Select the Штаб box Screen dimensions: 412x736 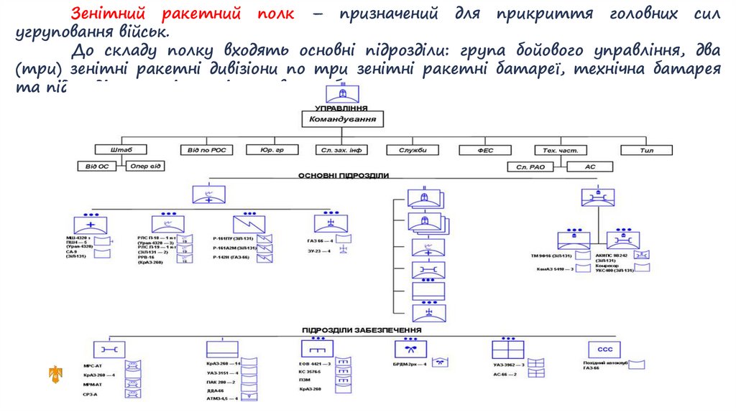coord(120,150)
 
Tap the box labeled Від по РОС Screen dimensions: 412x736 coord(206,150)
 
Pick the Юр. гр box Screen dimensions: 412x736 coord(272,150)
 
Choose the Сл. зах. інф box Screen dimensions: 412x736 coord(341,150)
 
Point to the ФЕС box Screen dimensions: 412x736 coord(485,150)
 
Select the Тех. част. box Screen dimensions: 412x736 coord(561,150)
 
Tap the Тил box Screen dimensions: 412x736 coord(646,150)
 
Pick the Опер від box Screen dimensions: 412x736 coord(147,167)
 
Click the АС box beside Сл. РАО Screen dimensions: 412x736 coord(590,167)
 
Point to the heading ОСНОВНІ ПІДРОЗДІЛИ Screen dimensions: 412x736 coord(343,176)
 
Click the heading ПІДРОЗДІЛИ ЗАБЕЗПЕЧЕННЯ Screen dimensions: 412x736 coord(362,329)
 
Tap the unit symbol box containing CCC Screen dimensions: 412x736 coord(603,350)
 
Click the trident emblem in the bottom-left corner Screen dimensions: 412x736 coord(55,373)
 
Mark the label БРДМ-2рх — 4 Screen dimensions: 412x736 coord(410,365)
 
